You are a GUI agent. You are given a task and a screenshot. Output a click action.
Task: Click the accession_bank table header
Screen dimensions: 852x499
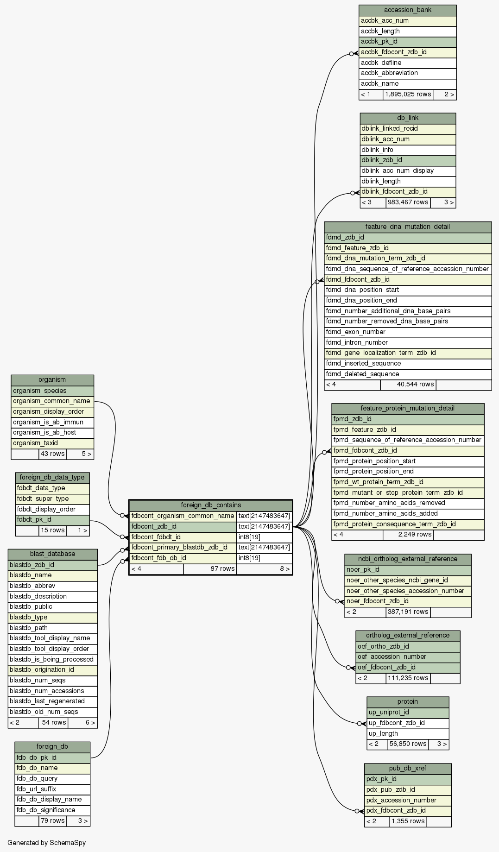coord(407,10)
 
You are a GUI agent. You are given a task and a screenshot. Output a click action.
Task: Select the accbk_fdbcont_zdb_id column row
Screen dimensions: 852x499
coord(407,52)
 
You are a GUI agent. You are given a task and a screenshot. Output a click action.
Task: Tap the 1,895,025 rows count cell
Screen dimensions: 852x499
coord(408,95)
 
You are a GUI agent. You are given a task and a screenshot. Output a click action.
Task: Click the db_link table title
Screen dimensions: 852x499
coord(408,118)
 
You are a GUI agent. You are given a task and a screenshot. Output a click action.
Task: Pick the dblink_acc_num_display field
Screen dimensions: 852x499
coord(408,170)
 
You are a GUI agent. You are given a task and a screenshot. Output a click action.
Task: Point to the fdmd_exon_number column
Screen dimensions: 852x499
coord(408,332)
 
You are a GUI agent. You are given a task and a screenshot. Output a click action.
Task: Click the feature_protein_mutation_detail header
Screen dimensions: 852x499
coord(408,408)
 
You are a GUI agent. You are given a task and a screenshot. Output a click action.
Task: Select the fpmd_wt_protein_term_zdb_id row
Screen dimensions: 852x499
coord(408,482)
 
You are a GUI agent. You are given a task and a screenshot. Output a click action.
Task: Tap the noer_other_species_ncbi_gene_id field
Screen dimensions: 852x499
coord(408,580)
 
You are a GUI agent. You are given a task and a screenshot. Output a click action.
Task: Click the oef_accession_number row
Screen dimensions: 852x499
coord(408,656)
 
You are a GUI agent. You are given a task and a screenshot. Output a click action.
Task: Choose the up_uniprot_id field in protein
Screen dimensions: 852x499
coord(408,713)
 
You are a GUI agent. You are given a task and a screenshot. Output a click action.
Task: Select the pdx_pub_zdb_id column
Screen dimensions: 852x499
coord(408,789)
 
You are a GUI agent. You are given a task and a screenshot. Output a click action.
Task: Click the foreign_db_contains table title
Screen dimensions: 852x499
coord(210,505)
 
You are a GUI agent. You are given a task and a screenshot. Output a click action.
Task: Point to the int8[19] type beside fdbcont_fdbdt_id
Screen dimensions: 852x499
coord(264,537)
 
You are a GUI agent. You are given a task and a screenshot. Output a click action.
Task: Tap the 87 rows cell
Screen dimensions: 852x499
coord(210,568)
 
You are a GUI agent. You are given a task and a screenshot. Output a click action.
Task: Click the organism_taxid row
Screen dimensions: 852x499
coord(52,443)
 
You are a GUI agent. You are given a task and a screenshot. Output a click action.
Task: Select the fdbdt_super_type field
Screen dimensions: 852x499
coord(52,499)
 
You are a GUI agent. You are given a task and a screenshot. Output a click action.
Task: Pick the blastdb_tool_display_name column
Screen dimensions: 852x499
coord(53,638)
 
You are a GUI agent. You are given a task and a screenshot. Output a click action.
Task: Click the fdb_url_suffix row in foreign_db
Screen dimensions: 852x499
coord(52,789)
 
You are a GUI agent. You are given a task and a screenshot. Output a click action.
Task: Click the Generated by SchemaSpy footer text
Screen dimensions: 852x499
coord(47,842)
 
